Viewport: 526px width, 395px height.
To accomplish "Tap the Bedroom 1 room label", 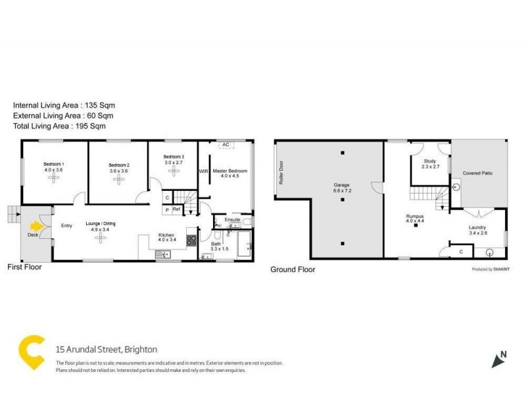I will (54, 164).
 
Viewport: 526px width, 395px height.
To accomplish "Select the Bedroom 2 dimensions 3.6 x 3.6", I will (118, 171).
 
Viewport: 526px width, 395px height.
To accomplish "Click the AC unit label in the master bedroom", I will (225, 144).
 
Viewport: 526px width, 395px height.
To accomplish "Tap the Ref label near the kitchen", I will (176, 209).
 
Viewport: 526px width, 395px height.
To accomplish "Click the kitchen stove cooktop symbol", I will (191, 240).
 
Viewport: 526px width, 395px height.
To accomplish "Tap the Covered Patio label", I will (478, 173).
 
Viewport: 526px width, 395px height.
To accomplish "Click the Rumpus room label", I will (414, 215).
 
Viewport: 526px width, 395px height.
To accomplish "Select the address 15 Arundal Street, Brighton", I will (107, 350).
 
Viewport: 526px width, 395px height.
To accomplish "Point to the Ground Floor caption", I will (293, 269).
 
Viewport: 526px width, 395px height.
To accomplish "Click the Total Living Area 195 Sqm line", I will (60, 125).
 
